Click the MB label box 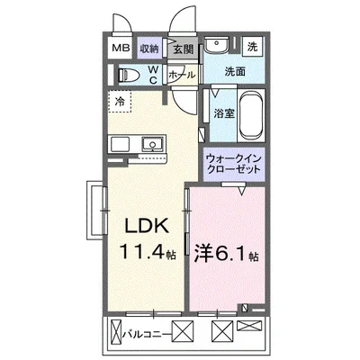119,49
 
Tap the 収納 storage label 148,49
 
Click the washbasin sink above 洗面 217,47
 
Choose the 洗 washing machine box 253,45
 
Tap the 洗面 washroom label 236,71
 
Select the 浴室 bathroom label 223,113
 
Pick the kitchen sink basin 153,144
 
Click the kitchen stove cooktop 121,144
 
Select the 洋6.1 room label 224,255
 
